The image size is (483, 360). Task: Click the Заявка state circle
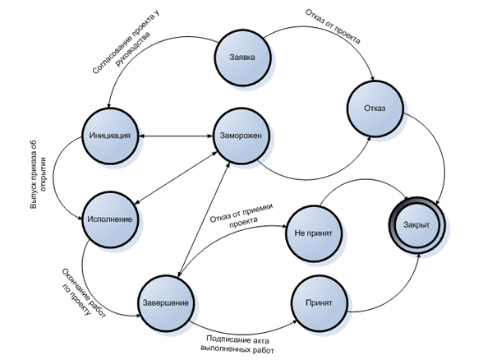243,58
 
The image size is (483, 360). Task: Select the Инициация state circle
110,136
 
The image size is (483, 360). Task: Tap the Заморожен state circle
241,136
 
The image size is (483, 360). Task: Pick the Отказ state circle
375,108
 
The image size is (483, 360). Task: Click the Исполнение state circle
110,219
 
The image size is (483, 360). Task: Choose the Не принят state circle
314,233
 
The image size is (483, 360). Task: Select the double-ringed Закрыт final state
416,225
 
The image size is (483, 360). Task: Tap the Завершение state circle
166,303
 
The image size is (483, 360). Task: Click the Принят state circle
319,303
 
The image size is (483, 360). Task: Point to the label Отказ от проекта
333,26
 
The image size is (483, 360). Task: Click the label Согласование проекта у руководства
126,43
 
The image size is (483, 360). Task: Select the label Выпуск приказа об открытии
38,175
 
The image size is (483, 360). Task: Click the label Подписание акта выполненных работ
237,345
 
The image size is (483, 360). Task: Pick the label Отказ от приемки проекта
241,215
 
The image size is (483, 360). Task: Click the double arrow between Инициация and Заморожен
176,136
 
